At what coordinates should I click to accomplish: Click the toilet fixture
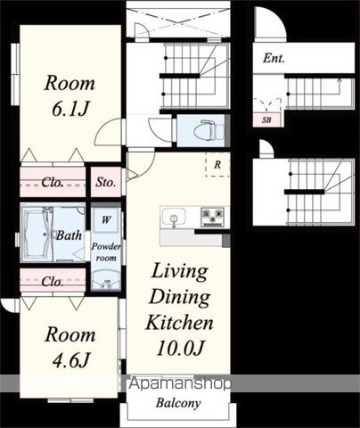209,130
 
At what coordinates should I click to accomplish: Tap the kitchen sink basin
174,218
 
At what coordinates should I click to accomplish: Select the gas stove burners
212,216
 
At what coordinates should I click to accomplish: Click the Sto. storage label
106,182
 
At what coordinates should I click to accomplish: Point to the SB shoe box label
266,120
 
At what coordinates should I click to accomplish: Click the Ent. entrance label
274,58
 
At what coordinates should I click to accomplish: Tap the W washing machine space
106,220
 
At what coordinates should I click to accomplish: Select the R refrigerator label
217,165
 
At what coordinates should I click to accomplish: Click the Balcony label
178,403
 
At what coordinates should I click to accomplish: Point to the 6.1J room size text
70,109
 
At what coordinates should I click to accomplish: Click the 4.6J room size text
70,360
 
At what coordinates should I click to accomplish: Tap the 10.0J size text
180,348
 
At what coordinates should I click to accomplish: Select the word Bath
69,235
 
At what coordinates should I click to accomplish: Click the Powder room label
106,252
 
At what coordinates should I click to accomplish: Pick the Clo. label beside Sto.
53,182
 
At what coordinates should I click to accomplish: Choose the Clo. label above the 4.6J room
53,281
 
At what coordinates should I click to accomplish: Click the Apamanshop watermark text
180,384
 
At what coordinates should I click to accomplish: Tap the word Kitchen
179,322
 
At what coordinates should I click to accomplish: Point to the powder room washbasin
106,281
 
